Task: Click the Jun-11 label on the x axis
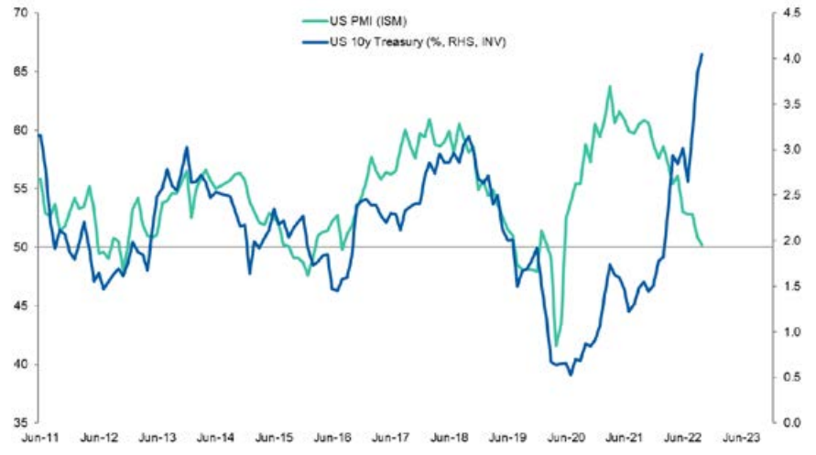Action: tap(38, 438)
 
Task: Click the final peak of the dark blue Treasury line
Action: tap(702, 54)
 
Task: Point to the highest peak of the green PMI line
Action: tap(609, 87)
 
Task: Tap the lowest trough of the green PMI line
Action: tap(556, 346)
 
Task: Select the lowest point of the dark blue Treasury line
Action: tap(571, 374)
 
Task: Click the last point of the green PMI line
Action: tap(702, 245)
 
